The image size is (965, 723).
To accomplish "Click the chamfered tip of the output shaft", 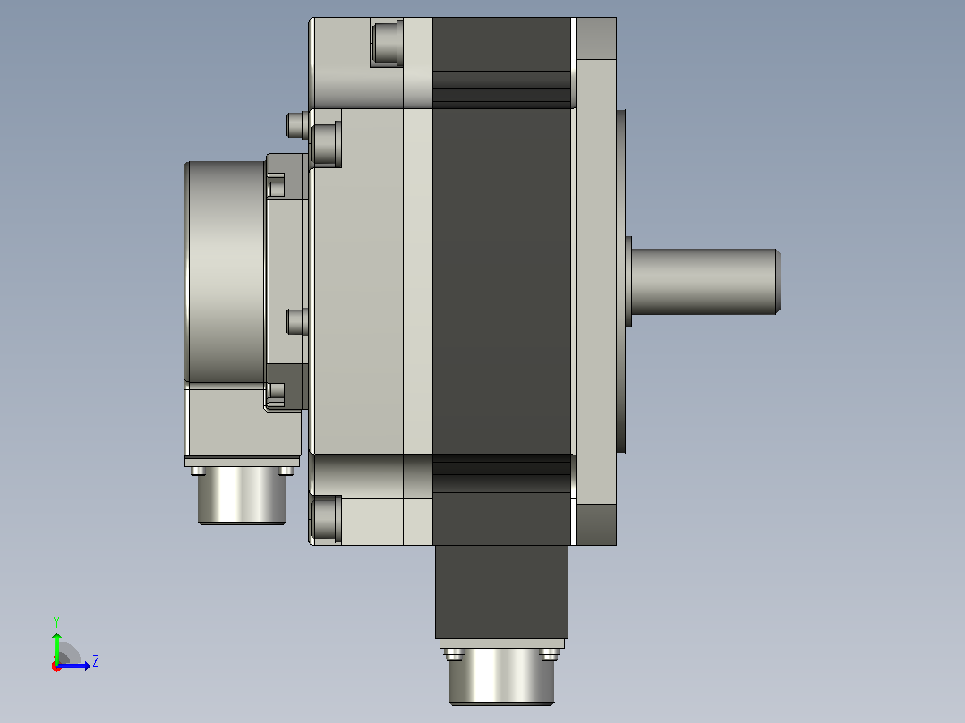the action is tap(779, 281).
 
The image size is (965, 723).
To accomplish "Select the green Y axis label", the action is tap(56, 622).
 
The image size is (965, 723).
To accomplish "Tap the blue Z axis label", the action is tap(96, 661).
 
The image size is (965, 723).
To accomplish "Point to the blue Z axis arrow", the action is tap(73, 666).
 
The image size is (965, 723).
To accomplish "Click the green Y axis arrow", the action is tap(56, 648).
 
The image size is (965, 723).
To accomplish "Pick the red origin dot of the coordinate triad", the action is tap(56, 667).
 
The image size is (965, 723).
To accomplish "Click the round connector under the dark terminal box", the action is tap(501, 676).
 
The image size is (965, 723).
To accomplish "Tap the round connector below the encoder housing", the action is tap(242, 496).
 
